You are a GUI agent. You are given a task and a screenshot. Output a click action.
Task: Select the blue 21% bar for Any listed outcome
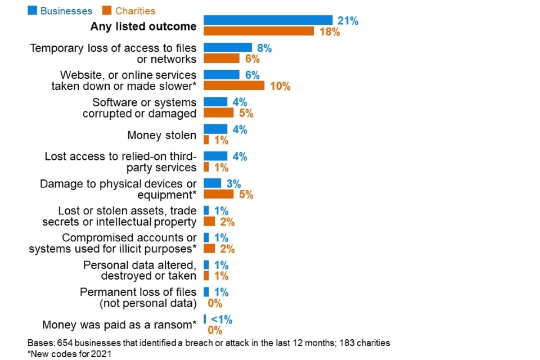pyautogui.click(x=268, y=20)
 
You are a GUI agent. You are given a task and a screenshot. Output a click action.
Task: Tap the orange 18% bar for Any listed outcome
pyautogui.click(x=259, y=31)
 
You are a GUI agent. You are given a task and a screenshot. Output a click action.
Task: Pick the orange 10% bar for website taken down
pyautogui.click(x=234, y=86)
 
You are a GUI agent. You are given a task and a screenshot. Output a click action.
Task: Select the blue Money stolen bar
pyautogui.click(x=215, y=129)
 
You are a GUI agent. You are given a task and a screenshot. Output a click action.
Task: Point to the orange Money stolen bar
pyautogui.click(x=206, y=139)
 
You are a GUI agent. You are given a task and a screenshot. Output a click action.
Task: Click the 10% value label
pyautogui.click(x=280, y=86)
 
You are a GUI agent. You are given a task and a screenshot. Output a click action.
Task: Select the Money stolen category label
pyautogui.click(x=162, y=135)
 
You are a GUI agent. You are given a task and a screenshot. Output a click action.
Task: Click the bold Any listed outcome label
pyautogui.click(x=143, y=26)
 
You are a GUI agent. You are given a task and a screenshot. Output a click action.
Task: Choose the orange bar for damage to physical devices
pyautogui.click(x=218, y=194)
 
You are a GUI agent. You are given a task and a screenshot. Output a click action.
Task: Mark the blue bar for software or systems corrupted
pyautogui.click(x=215, y=102)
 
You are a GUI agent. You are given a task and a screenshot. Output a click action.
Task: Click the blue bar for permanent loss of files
pyautogui.click(x=206, y=292)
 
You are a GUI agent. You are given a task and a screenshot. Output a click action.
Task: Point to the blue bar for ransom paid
pyautogui.click(x=205, y=319)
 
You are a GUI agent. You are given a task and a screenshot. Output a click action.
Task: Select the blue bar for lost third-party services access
pyautogui.click(x=215, y=156)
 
